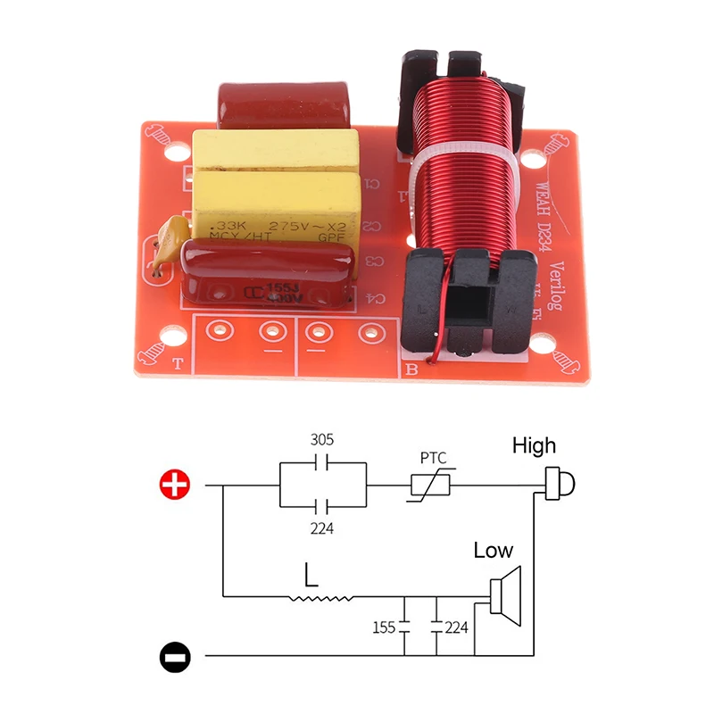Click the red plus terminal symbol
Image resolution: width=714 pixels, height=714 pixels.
[x=175, y=486]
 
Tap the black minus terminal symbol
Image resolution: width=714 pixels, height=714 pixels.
[x=175, y=658]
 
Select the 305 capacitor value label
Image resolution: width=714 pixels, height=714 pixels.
[x=322, y=440]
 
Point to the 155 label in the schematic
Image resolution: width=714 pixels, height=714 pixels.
[x=384, y=627]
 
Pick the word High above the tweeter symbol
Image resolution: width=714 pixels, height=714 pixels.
[x=534, y=444]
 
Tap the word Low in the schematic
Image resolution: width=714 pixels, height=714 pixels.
[x=494, y=551]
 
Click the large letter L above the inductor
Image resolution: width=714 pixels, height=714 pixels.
[x=310, y=574]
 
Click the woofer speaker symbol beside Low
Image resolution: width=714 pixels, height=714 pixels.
[x=506, y=596]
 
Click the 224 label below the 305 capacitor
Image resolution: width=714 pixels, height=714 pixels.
[x=322, y=528]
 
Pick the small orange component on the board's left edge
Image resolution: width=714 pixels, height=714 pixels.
[x=163, y=249]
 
